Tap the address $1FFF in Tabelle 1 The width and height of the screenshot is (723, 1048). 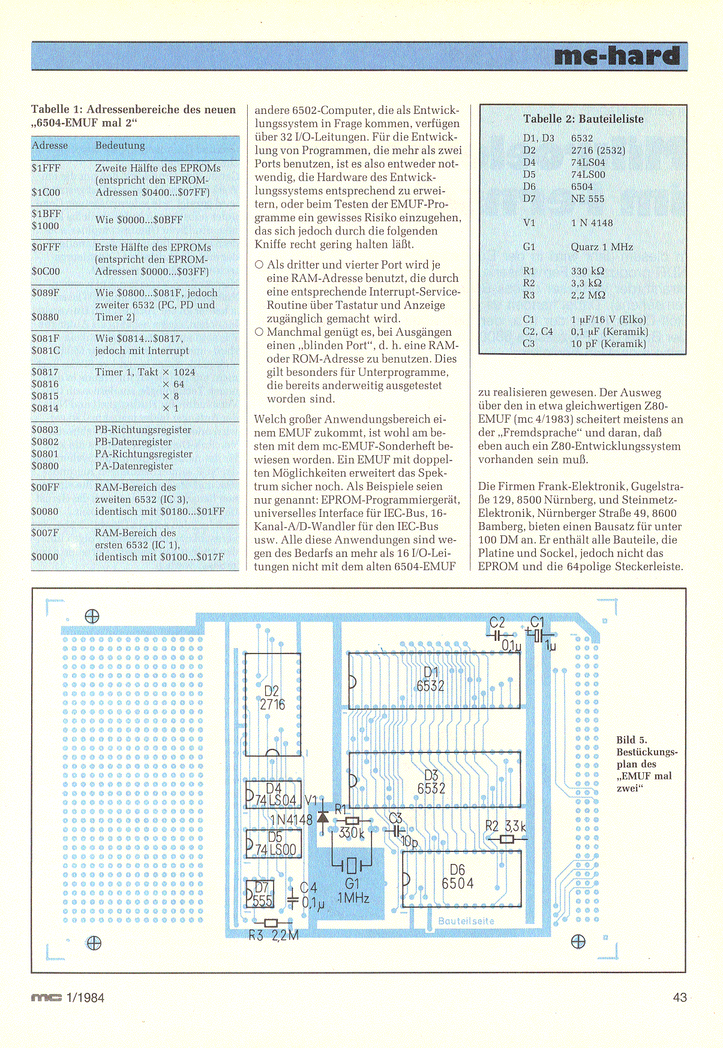(x=46, y=168)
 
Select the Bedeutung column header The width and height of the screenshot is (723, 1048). (x=120, y=146)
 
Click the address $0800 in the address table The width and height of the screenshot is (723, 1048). (x=45, y=466)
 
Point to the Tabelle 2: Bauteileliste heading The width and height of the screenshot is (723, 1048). (x=583, y=119)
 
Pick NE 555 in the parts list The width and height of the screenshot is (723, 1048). (x=587, y=198)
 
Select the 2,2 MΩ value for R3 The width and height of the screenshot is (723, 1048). (x=588, y=295)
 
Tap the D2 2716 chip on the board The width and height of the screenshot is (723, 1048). (x=272, y=704)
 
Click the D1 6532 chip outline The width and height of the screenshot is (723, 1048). (x=434, y=680)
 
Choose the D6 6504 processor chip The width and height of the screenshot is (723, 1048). (x=461, y=879)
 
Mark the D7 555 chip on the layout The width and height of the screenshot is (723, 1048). (x=260, y=895)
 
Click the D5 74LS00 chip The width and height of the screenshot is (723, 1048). (x=274, y=844)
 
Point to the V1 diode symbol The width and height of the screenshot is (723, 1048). (x=322, y=817)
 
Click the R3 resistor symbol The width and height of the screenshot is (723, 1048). (x=271, y=923)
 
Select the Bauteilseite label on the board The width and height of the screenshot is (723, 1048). (x=466, y=921)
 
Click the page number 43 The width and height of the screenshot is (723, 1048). (x=679, y=998)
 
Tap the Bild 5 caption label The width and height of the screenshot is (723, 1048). (x=631, y=740)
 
